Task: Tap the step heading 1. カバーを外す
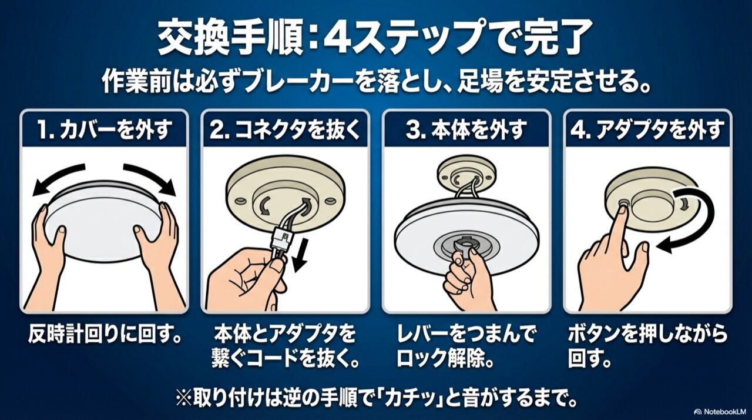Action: click(105, 131)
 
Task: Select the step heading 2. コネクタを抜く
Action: click(285, 131)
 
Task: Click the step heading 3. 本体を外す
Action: click(466, 131)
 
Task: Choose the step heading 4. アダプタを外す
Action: click(647, 131)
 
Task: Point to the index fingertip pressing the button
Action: click(622, 211)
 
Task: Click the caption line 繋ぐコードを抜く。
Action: click(285, 359)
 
